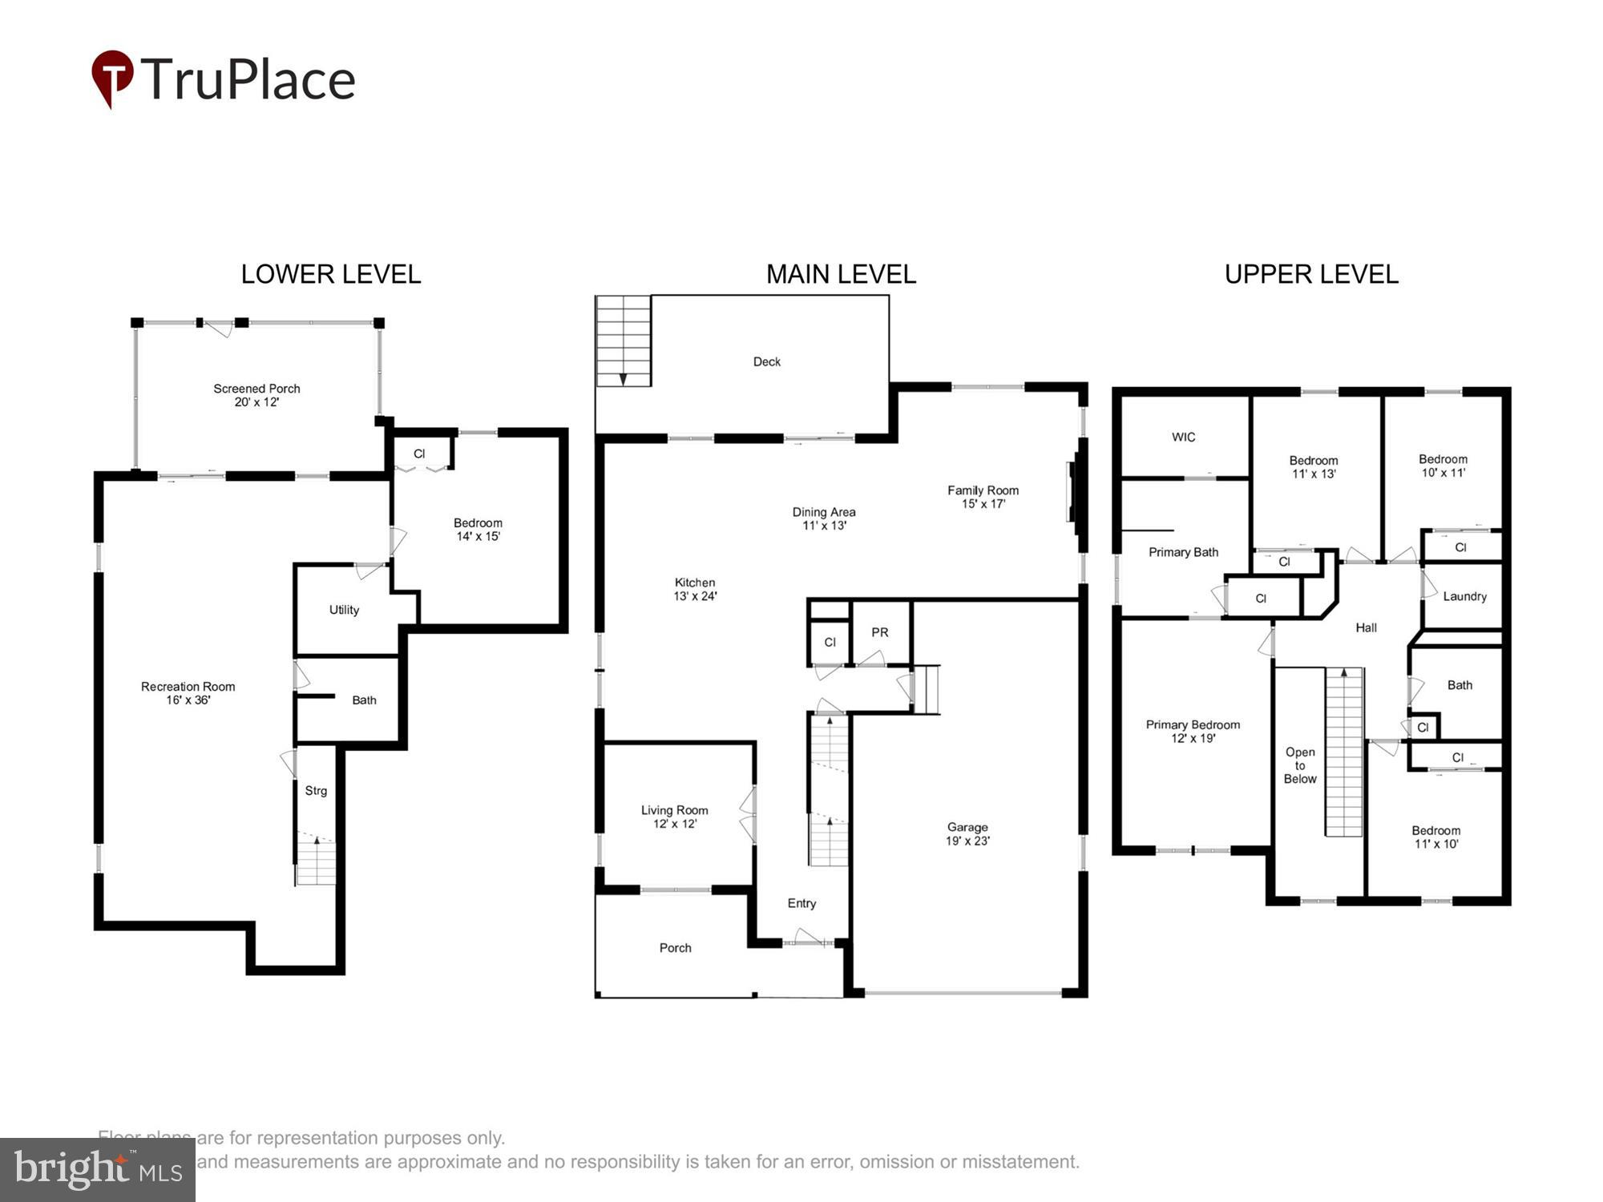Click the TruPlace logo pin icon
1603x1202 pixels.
click(112, 77)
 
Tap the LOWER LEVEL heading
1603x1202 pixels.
click(330, 274)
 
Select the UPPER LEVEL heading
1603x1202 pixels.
click(1311, 274)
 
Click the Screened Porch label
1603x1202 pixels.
click(256, 395)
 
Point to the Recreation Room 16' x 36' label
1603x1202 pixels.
click(188, 693)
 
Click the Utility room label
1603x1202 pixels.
click(344, 610)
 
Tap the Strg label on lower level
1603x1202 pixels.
click(316, 791)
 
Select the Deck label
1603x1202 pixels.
click(766, 361)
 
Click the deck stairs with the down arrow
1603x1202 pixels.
click(623, 341)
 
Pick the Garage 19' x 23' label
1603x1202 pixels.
click(967, 833)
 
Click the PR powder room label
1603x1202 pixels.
click(880, 632)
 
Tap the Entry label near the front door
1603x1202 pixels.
click(801, 903)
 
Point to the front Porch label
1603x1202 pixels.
click(675, 948)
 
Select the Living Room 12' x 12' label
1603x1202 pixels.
click(674, 817)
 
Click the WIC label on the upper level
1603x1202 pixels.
click(1183, 437)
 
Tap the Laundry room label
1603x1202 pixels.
click(1464, 596)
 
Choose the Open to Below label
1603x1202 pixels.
click(1300, 765)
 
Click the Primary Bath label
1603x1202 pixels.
click(1183, 552)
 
